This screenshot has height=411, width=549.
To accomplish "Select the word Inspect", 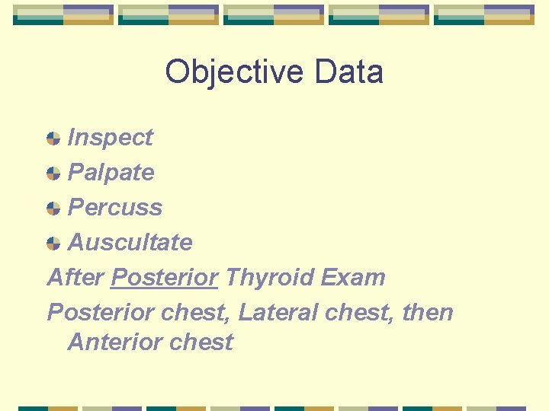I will pyautogui.click(x=111, y=138).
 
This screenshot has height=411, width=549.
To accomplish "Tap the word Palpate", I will pyautogui.click(x=111, y=173).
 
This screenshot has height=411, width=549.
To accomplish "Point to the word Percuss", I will pyautogui.click(x=115, y=208).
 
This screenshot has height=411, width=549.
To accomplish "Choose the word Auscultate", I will pyautogui.click(x=130, y=243).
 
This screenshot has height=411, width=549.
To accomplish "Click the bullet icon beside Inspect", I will pyautogui.click(x=53, y=139).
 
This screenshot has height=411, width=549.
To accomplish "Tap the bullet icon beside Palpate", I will pyautogui.click(x=53, y=174).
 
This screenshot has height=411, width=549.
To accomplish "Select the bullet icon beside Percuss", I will pyautogui.click(x=53, y=209).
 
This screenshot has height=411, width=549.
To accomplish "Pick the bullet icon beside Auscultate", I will pyautogui.click(x=53, y=244).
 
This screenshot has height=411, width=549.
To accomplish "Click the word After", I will pyautogui.click(x=75, y=278).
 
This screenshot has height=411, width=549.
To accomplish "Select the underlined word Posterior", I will pyautogui.click(x=164, y=278).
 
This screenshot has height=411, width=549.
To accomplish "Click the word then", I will pyautogui.click(x=428, y=313).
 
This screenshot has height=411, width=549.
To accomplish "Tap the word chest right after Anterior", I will pyautogui.click(x=201, y=342).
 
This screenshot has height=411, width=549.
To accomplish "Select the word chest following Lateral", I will pyautogui.click(x=358, y=313).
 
